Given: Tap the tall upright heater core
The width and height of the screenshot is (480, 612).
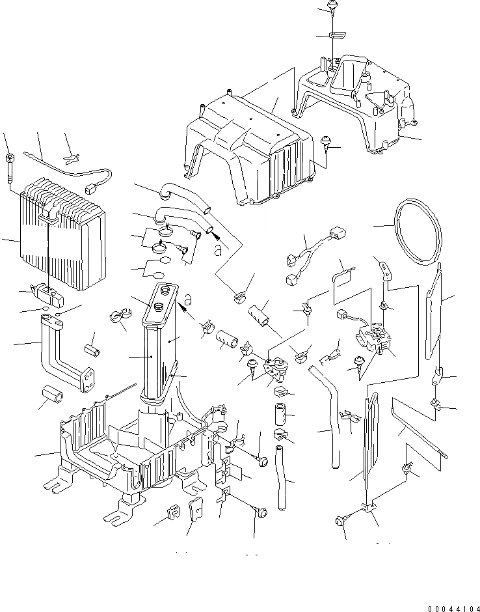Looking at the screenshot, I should point(159,345).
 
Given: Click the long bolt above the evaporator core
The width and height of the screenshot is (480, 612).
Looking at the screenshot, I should point(10,166).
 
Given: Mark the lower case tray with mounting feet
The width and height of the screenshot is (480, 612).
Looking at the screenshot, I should point(117,456).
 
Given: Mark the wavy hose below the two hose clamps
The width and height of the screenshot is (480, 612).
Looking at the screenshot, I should point(282,479).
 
